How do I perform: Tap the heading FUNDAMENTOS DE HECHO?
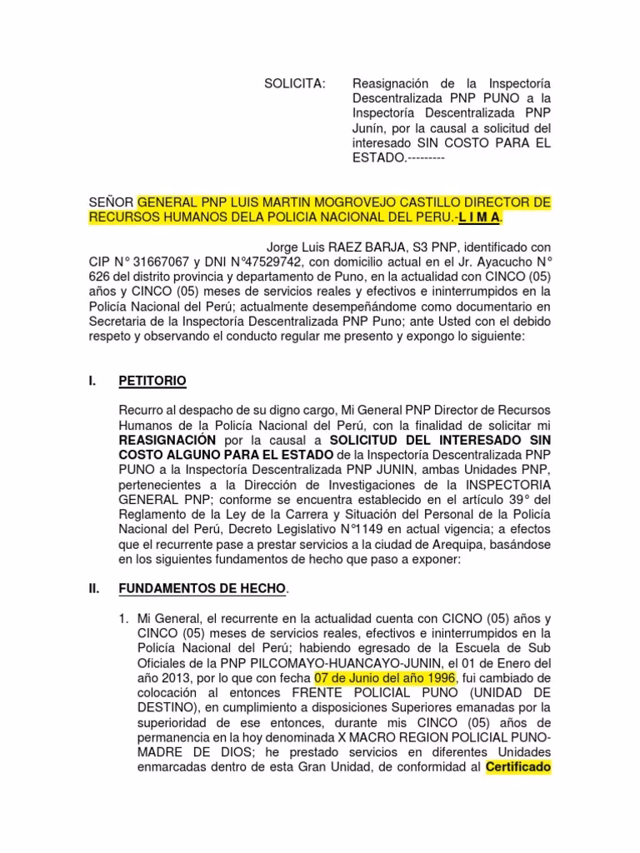[202, 589]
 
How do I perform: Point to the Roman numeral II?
[94, 589]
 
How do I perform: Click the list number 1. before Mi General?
[122, 619]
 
